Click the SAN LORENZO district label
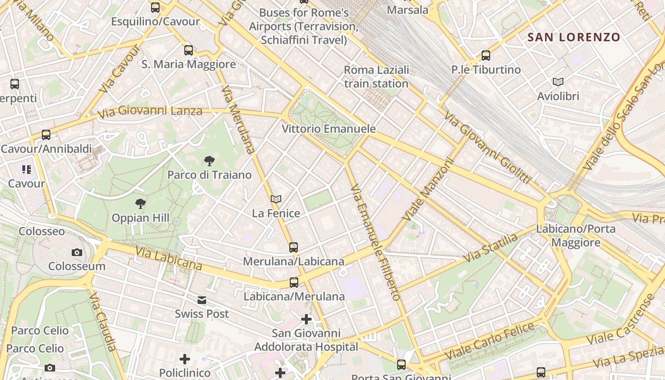pos(574,37)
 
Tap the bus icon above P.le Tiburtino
pos(485,56)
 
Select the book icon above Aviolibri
pos(558,82)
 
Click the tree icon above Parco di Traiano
pos(209,161)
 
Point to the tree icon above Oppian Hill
pos(140,204)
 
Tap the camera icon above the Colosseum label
pos(76,252)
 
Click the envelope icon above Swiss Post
pos(202,300)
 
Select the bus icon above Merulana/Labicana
pos(294,247)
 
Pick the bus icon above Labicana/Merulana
pos(294,283)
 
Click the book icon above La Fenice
pos(276,199)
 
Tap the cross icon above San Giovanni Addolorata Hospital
pos(306,319)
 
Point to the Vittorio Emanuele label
pos(329,129)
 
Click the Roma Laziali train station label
pos(376,77)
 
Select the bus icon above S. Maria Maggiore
pos(189,50)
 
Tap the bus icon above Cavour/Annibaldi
pos(46,135)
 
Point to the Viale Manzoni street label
pos(428,189)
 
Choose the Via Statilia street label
pos(491,248)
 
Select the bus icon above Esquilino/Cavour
pos(155,8)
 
